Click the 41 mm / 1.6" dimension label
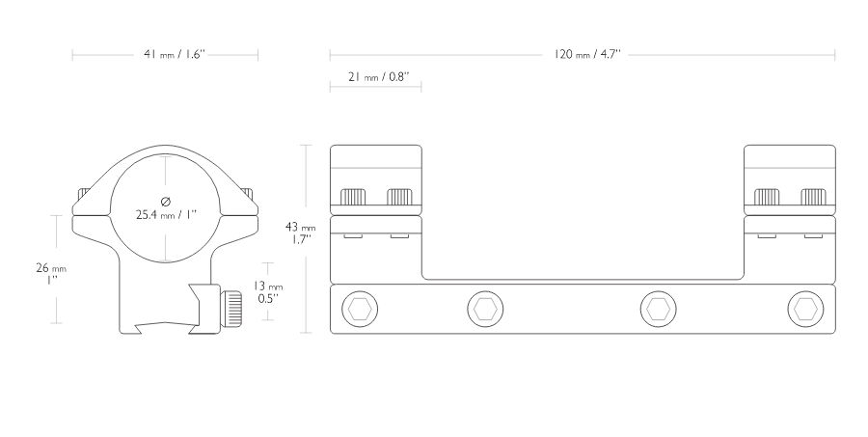tap(175, 54)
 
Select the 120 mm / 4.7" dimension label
tap(586, 54)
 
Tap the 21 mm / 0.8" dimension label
tap(379, 76)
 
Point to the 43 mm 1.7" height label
tap(300, 232)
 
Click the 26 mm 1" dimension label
tap(51, 274)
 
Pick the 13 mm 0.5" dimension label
tap(268, 292)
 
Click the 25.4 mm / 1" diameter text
tap(166, 214)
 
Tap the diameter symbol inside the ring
tap(166, 201)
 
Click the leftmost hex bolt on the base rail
tap(361, 309)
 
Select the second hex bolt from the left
tap(485, 309)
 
